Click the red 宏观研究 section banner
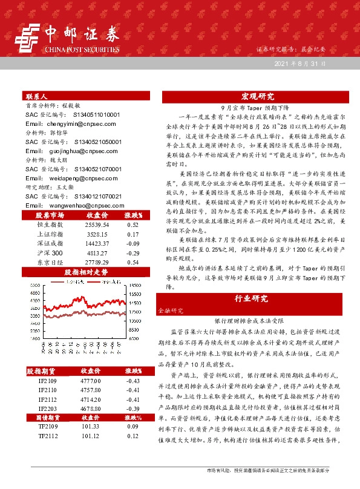coord(257,96)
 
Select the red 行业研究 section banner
coord(257,299)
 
